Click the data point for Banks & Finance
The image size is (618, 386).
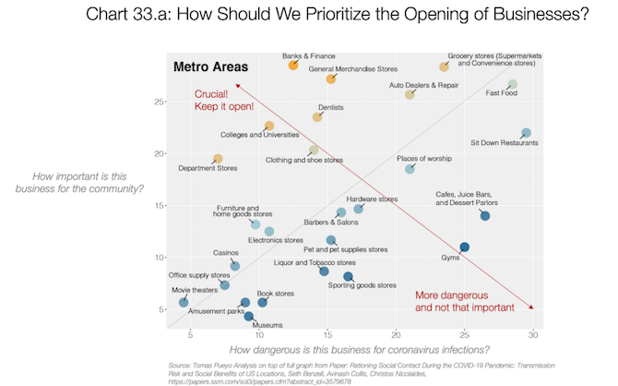(x=293, y=66)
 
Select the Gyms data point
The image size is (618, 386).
(x=465, y=247)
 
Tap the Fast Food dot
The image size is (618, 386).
(x=513, y=85)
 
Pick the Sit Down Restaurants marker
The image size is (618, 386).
(x=526, y=134)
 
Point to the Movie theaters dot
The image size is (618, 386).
(x=184, y=302)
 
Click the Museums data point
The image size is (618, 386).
(x=249, y=316)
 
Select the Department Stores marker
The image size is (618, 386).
(x=218, y=159)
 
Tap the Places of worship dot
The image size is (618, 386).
(x=410, y=169)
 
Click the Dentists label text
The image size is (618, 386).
(x=331, y=108)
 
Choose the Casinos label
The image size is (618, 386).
(x=226, y=252)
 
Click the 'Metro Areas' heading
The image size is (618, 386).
(x=210, y=68)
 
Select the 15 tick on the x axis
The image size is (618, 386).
(x=327, y=335)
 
